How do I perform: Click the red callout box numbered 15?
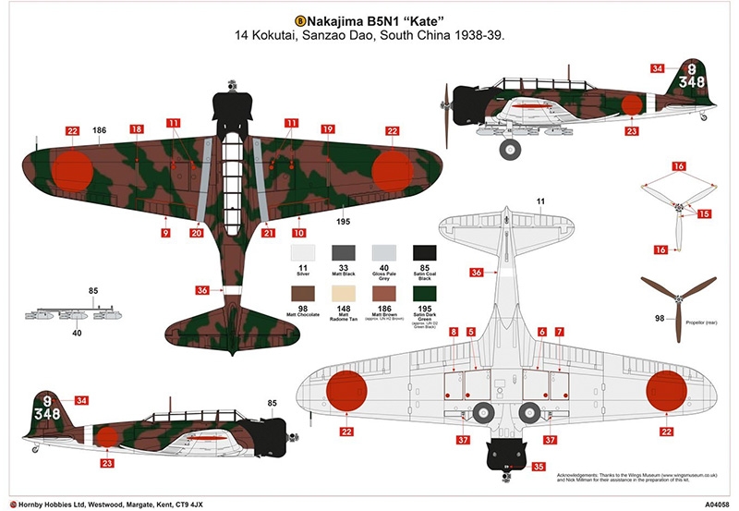tap(704, 213)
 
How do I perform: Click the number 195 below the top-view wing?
tap(343, 222)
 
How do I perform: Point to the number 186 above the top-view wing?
tap(100, 131)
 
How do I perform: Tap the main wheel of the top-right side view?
tap(508, 148)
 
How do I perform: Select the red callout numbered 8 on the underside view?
tap(453, 331)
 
